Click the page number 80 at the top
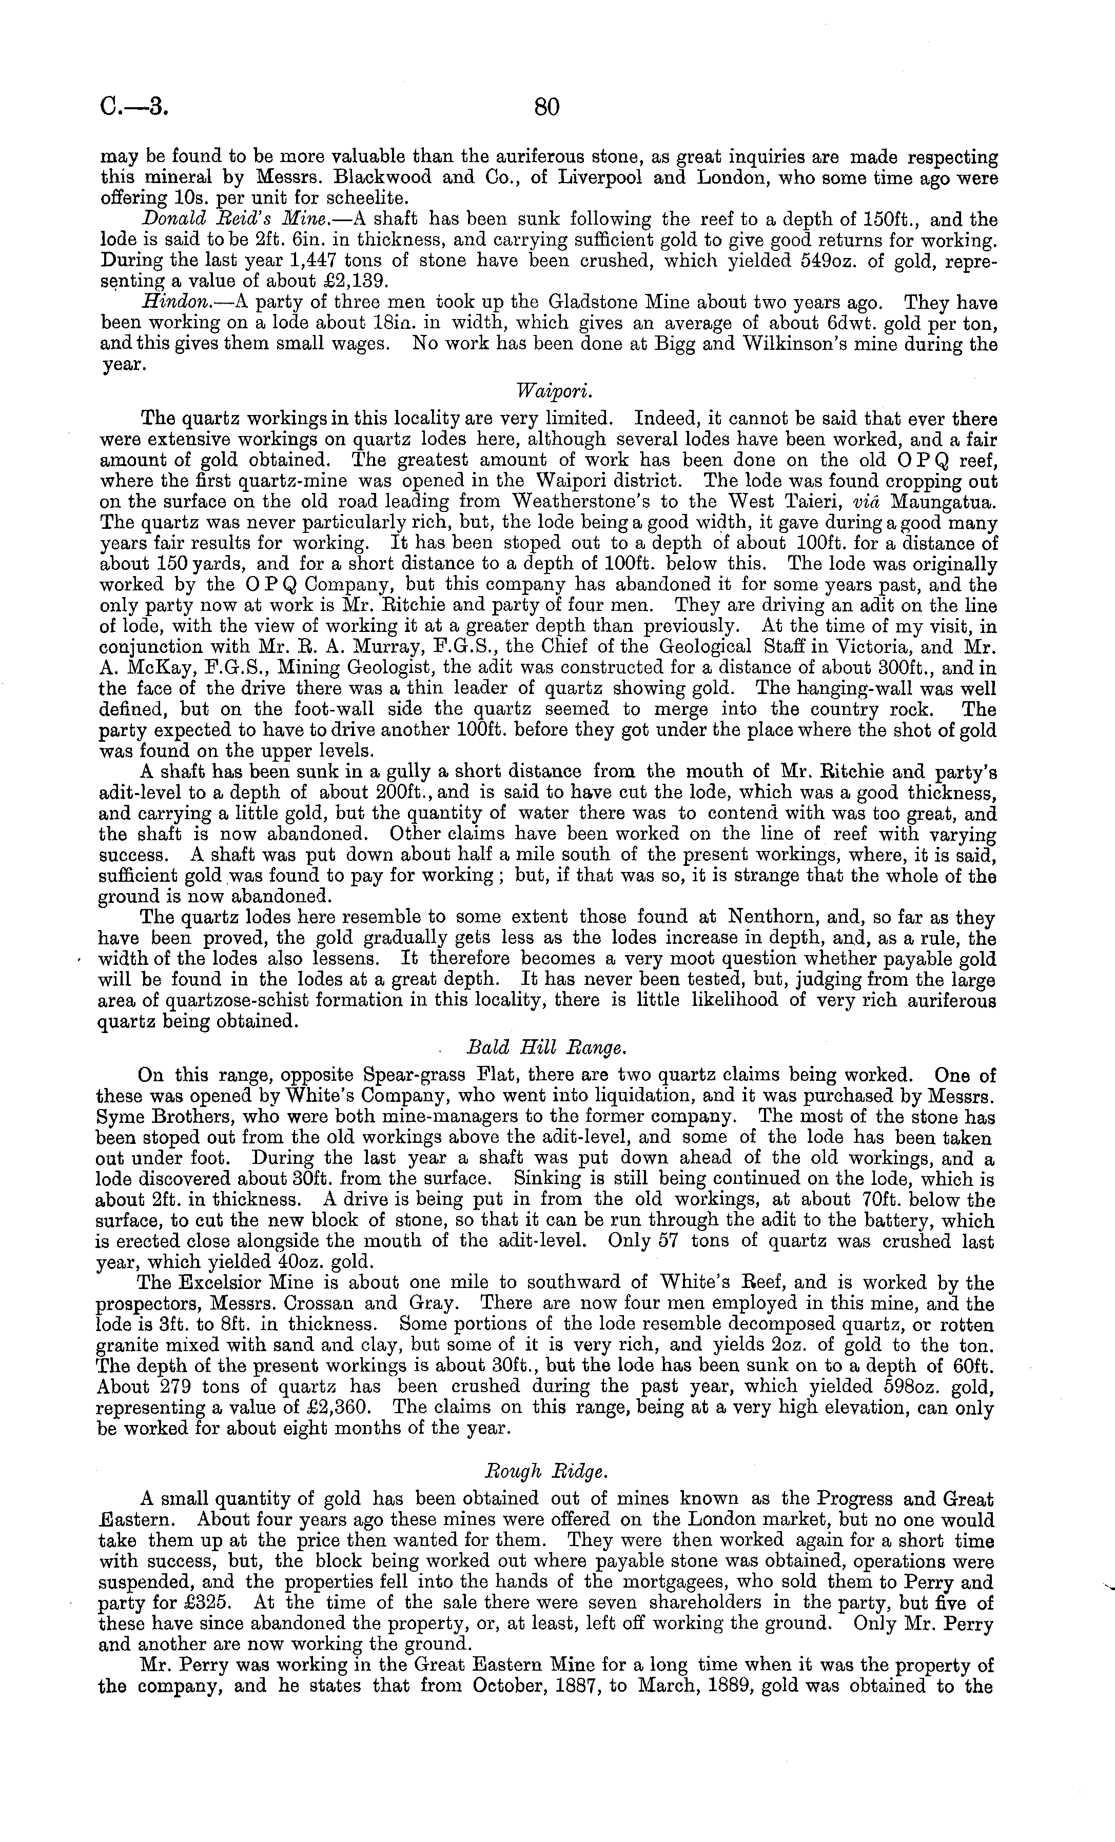pyautogui.click(x=546, y=108)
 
